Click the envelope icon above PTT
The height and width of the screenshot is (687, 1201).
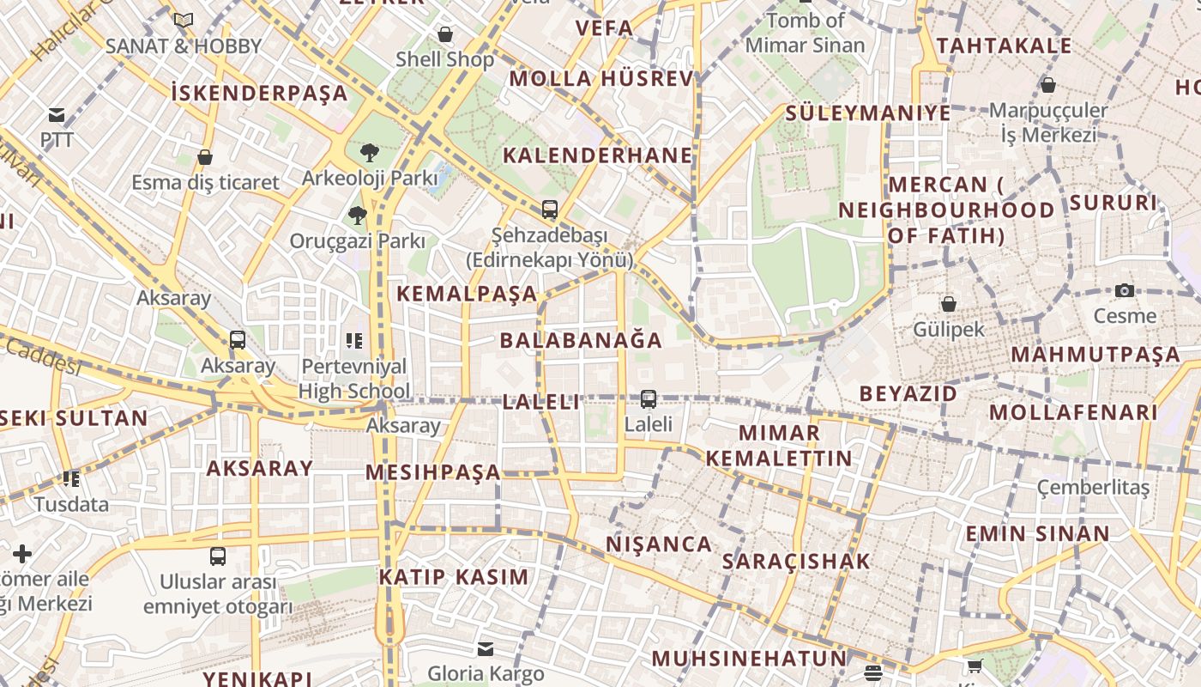pyautogui.click(x=57, y=115)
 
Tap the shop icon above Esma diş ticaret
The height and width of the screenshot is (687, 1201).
pyautogui.click(x=205, y=157)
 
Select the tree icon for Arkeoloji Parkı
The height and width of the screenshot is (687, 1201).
pyautogui.click(x=370, y=153)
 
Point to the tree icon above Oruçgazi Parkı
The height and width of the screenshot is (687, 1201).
pyautogui.click(x=358, y=216)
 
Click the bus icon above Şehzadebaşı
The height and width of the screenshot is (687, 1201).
pyautogui.click(x=549, y=209)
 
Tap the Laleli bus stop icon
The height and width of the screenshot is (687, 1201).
pyautogui.click(x=649, y=399)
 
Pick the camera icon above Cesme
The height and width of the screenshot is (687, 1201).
pyautogui.click(x=1125, y=291)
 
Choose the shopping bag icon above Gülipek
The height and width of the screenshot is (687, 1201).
pyautogui.click(x=949, y=304)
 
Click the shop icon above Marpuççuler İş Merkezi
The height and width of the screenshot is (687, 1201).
pyautogui.click(x=1047, y=85)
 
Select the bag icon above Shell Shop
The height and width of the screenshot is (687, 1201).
pyautogui.click(x=445, y=34)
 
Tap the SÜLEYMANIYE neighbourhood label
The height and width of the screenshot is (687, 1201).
pyautogui.click(x=868, y=112)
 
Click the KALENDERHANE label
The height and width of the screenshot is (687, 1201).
pyautogui.click(x=597, y=155)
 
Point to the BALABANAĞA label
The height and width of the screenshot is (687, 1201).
pyautogui.click(x=581, y=340)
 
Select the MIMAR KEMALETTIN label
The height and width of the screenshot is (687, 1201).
pyautogui.click(x=779, y=445)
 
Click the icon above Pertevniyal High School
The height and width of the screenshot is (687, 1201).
pyautogui.click(x=353, y=341)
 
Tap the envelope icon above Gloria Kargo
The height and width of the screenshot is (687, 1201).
pyautogui.click(x=486, y=648)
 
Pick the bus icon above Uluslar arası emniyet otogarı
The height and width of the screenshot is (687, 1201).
pyautogui.click(x=218, y=556)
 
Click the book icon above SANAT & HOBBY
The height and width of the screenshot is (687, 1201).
pyautogui.click(x=184, y=20)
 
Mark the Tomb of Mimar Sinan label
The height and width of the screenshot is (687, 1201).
pyautogui.click(x=805, y=32)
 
